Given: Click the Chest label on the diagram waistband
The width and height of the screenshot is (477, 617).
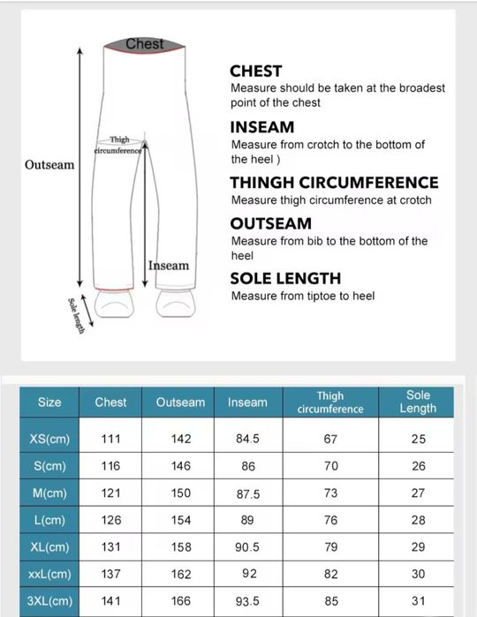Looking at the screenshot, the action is (x=145, y=43).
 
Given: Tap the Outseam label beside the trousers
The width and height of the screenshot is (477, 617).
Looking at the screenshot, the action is (x=49, y=165).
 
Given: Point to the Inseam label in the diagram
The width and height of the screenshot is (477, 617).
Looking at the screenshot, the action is (x=169, y=266).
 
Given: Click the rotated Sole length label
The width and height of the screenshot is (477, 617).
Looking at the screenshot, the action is (x=76, y=315).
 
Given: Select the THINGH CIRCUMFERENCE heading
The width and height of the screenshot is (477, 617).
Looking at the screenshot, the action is (x=334, y=183).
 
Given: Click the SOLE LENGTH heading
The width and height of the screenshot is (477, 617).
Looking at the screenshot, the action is (x=284, y=279).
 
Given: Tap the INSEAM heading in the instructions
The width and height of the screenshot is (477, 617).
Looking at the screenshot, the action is (x=261, y=127).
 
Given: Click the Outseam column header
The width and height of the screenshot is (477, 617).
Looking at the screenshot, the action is (x=180, y=403).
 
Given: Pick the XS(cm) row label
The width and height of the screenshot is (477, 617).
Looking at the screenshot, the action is (x=49, y=439).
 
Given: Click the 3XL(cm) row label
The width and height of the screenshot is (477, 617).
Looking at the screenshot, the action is (x=49, y=602).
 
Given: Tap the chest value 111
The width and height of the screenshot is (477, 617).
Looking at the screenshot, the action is (x=110, y=439).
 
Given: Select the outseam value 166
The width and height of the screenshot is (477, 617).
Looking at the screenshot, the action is (x=180, y=602).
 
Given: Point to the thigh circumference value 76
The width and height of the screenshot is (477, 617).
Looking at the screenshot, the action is (x=330, y=521).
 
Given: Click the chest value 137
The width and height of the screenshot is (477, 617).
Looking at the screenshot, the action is (x=110, y=575).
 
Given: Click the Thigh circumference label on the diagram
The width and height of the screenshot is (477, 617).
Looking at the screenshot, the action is (x=118, y=146).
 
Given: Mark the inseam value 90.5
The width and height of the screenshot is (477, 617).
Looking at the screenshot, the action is (x=247, y=548).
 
